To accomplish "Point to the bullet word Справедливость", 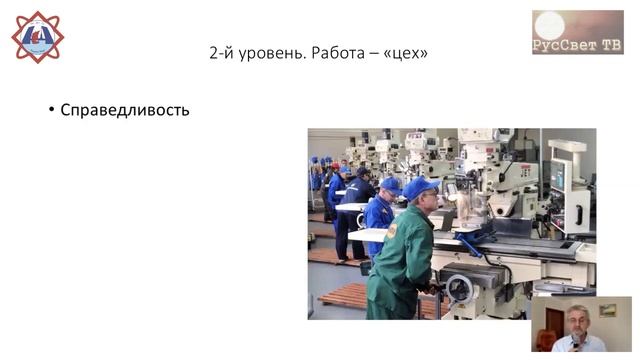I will pyautogui.click(x=125, y=109).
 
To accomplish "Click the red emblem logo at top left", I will pyautogui.click(x=37, y=37).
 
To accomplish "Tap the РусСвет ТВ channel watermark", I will pyautogui.click(x=577, y=32).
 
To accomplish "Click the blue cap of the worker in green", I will pyautogui.click(x=419, y=187).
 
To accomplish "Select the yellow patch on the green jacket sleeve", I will pyautogui.click(x=393, y=231).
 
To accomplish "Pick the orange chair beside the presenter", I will pyautogui.click(x=544, y=340).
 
